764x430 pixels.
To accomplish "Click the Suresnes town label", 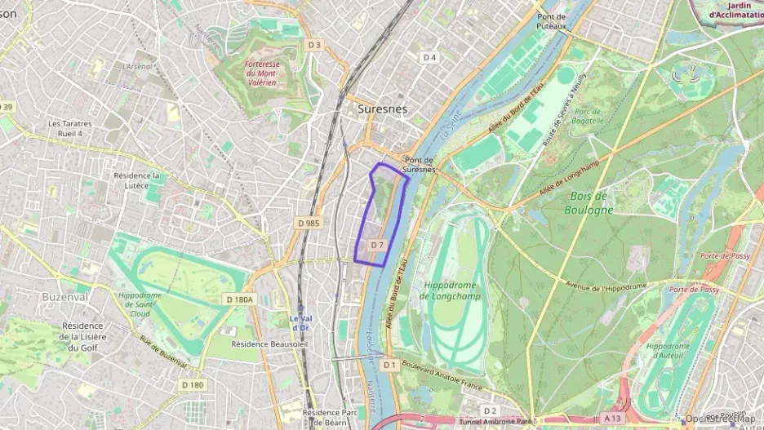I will [x=382, y=108].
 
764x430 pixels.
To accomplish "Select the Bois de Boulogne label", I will [x=588, y=202].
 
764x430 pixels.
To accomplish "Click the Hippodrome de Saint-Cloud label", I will [x=144, y=304].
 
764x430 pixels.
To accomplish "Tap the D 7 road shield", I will [x=377, y=245].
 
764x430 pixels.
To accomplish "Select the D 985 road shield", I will [x=309, y=223].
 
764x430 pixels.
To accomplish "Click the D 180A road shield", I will [x=239, y=299].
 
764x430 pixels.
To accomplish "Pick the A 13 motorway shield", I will [x=612, y=418].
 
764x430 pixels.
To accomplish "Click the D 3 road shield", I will [x=314, y=45].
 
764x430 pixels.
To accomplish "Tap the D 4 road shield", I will [x=429, y=57].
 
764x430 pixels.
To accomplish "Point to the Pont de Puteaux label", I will [x=552, y=21].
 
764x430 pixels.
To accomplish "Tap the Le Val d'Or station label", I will [x=300, y=323].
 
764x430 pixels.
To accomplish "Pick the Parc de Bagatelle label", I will [x=589, y=116].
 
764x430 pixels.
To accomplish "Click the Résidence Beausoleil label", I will [x=269, y=344].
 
